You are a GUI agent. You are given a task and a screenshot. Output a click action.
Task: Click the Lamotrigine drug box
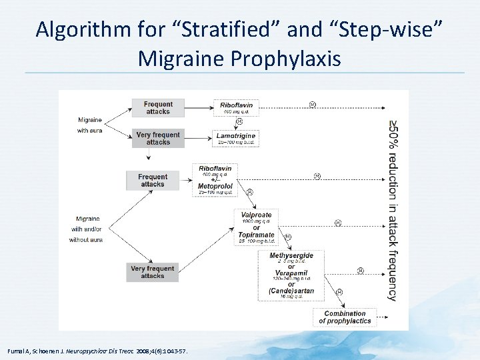click(236, 138)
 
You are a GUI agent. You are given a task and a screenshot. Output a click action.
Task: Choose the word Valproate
click(257, 215)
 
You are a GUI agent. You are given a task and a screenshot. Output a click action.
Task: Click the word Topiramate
click(256, 235)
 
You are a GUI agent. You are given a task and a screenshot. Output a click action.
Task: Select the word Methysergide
click(291, 255)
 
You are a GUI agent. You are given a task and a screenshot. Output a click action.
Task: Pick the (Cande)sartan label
click(291, 290)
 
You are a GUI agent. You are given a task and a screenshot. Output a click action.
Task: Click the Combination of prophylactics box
click(345, 317)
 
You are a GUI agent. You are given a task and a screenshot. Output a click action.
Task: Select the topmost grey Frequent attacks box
click(158, 107)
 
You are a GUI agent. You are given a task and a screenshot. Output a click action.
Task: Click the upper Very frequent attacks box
click(158, 138)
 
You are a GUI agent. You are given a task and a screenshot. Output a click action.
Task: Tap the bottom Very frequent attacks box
click(153, 272)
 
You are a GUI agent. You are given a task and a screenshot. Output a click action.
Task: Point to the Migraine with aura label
click(90, 125)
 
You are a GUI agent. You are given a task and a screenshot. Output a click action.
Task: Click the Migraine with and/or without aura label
click(88, 229)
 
